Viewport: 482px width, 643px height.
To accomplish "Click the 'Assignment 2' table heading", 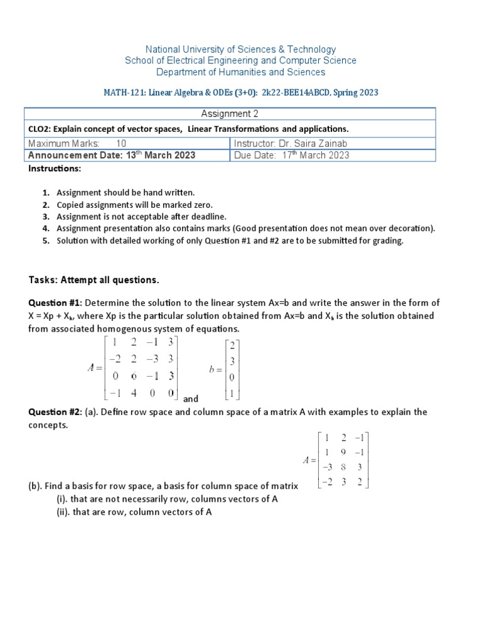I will coord(229,114).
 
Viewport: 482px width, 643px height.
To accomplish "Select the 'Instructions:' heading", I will coord(53,169).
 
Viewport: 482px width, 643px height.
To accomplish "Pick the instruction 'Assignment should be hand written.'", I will coord(126,193).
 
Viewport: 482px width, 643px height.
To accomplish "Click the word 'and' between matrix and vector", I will coord(191,399).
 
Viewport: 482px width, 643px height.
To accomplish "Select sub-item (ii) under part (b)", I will coord(133,512).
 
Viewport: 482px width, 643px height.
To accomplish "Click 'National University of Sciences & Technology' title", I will coord(241,49).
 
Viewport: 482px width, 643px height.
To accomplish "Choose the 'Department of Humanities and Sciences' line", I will coord(241,72).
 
